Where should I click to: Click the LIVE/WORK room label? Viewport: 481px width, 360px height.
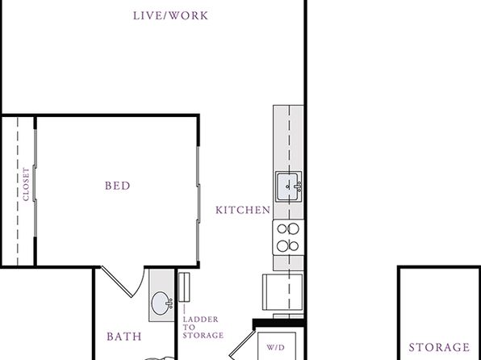click(x=170, y=15)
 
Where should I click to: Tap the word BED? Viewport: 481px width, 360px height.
click(x=118, y=186)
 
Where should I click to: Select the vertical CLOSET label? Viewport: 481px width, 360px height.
click(x=26, y=184)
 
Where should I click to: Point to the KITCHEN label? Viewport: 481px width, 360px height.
click(x=243, y=210)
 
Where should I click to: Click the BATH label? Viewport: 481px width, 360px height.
click(x=124, y=337)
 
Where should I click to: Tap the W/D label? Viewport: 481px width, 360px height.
click(x=275, y=347)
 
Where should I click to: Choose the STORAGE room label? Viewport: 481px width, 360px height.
click(x=439, y=347)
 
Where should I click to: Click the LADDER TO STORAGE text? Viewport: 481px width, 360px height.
click(x=203, y=327)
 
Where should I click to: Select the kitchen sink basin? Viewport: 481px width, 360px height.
click(x=288, y=186)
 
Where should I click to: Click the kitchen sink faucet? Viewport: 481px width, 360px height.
click(x=298, y=186)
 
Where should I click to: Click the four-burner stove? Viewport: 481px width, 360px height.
click(x=288, y=237)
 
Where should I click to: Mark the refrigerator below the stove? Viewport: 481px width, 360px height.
click(x=282, y=292)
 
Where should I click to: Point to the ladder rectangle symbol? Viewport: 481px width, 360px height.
click(x=184, y=287)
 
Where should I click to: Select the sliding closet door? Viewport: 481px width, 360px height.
click(x=35, y=183)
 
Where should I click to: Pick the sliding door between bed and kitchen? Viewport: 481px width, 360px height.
click(x=199, y=203)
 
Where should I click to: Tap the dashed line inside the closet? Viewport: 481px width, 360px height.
click(x=18, y=190)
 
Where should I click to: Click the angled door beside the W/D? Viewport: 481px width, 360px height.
click(x=242, y=345)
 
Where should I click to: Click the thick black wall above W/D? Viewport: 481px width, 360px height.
click(x=278, y=323)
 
